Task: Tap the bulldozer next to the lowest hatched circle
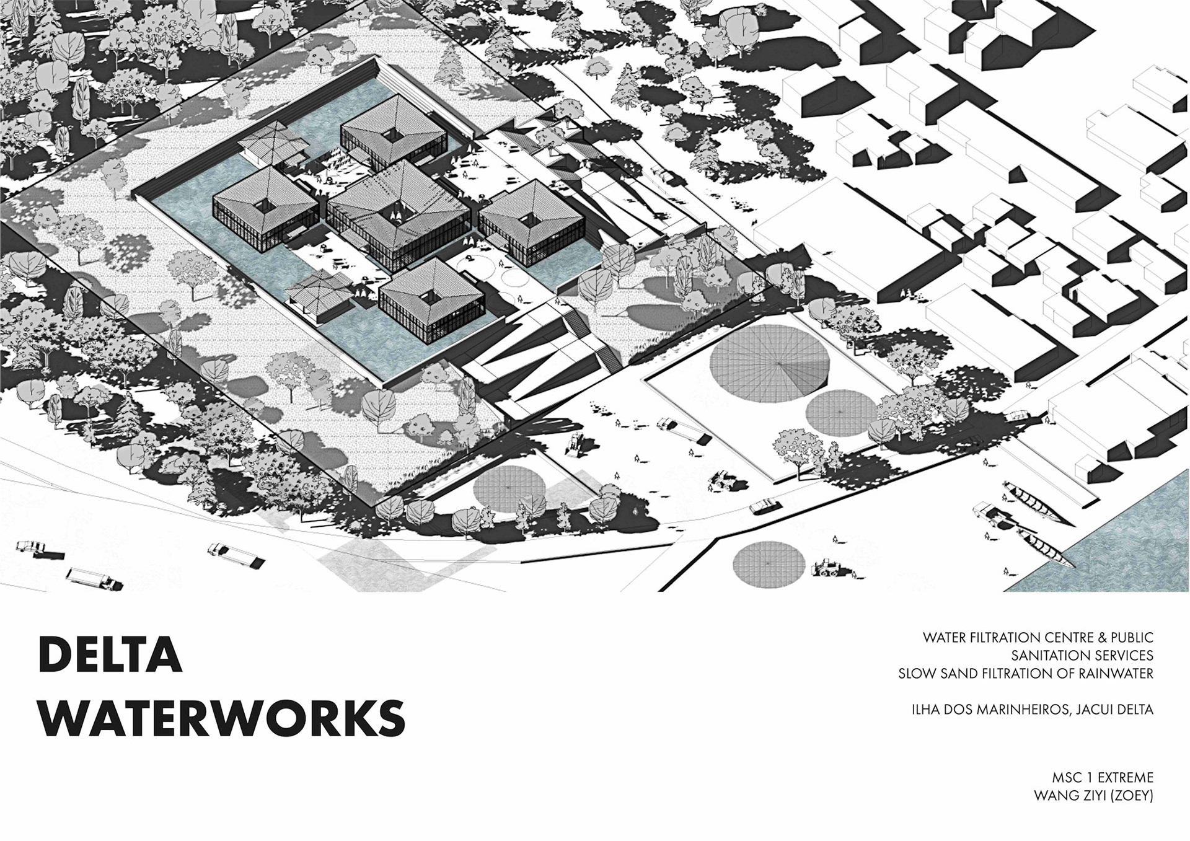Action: click(x=825, y=566)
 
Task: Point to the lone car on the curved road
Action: click(x=762, y=506)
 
